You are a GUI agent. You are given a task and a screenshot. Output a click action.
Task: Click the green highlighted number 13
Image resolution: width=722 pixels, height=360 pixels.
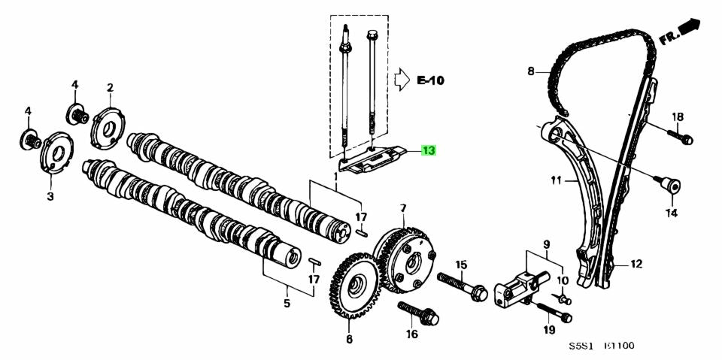(x=428, y=152)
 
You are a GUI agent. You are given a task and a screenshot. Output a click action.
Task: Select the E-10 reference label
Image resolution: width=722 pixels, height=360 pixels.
(x=430, y=79)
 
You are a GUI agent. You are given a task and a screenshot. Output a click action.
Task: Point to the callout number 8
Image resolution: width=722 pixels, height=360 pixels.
(x=530, y=72)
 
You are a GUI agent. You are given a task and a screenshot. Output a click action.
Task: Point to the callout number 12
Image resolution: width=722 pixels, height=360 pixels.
(x=636, y=264)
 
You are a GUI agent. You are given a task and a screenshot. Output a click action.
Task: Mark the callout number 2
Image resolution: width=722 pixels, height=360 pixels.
(x=110, y=88)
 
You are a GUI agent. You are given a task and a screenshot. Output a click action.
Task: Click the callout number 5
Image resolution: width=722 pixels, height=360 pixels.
(x=287, y=304)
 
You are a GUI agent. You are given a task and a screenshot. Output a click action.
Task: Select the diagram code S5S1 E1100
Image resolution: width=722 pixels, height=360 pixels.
(x=601, y=346)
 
